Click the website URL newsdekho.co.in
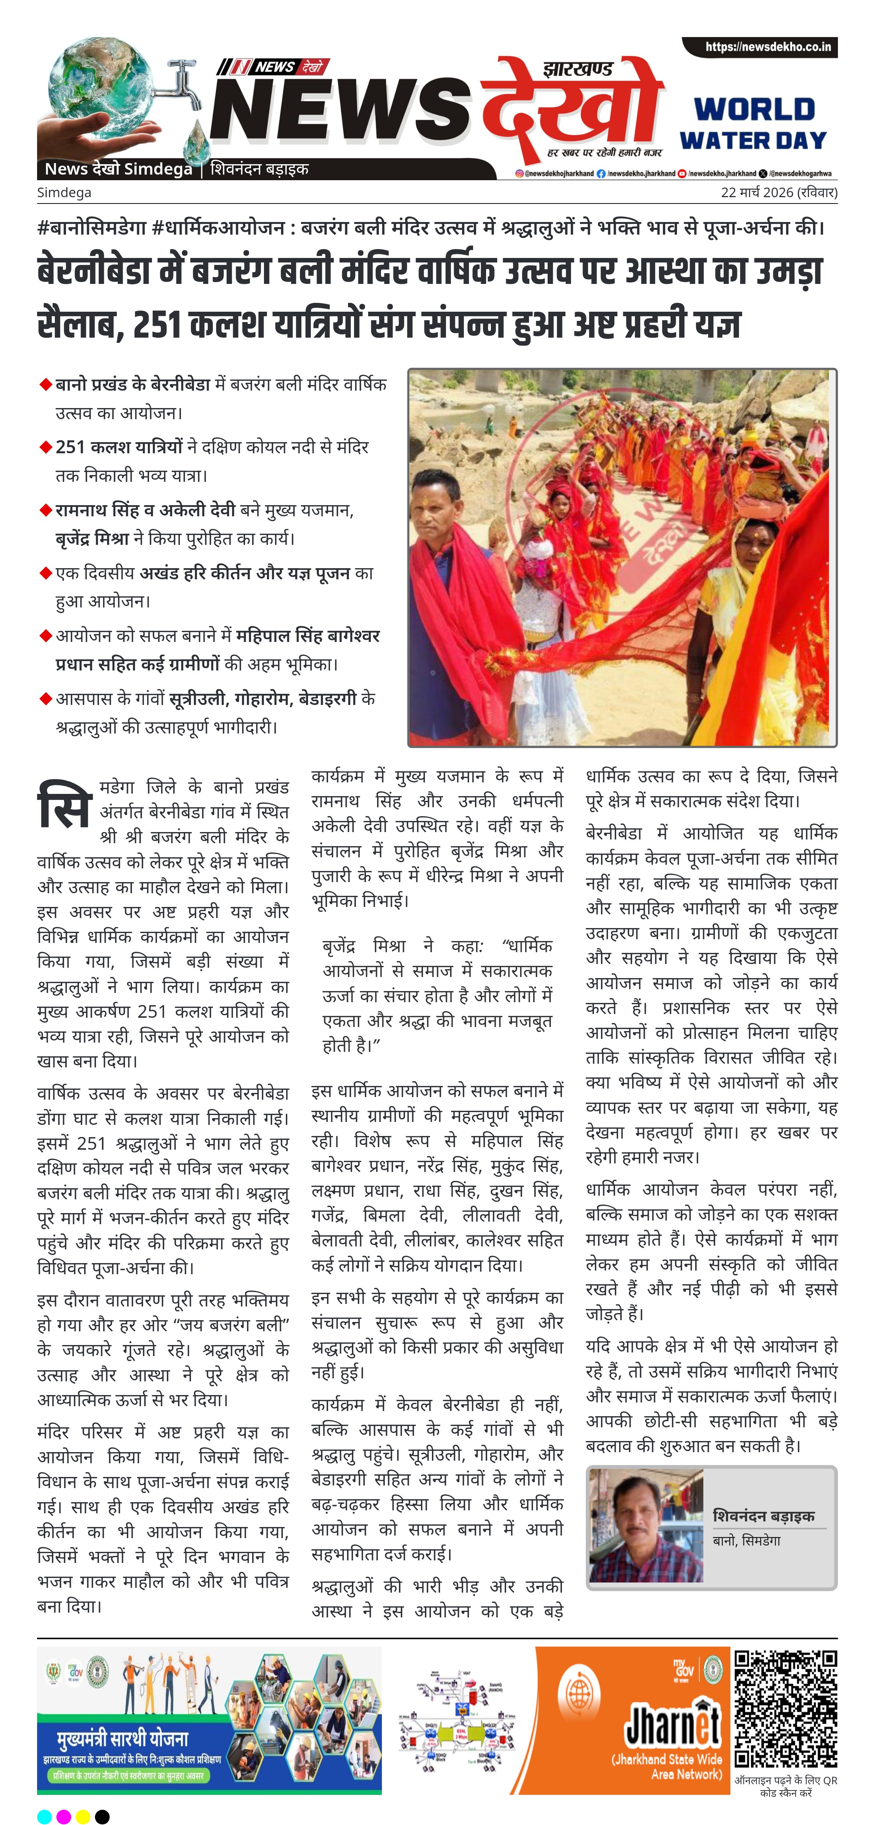(x=767, y=47)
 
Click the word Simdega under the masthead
(x=64, y=192)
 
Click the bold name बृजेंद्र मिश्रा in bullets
(x=92, y=539)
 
